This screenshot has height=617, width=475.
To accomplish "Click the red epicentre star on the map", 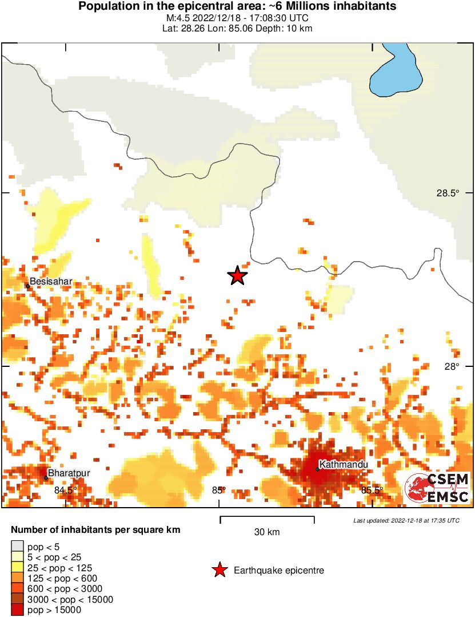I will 237,276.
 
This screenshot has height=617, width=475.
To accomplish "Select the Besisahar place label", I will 51,282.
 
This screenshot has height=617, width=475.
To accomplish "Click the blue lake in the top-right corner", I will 397,72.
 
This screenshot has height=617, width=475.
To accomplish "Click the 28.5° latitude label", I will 448,193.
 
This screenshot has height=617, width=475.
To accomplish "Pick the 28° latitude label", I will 452,367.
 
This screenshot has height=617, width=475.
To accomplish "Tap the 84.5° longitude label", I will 66,490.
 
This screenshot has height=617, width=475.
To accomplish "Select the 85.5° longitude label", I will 372,490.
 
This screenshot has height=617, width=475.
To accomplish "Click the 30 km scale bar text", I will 267,532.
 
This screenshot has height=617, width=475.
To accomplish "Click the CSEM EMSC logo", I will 437,488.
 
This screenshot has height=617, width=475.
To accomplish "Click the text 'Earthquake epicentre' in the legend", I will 279,571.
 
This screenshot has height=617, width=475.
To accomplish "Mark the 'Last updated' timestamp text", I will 406,520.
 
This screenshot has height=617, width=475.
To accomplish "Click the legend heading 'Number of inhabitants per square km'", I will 95,530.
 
